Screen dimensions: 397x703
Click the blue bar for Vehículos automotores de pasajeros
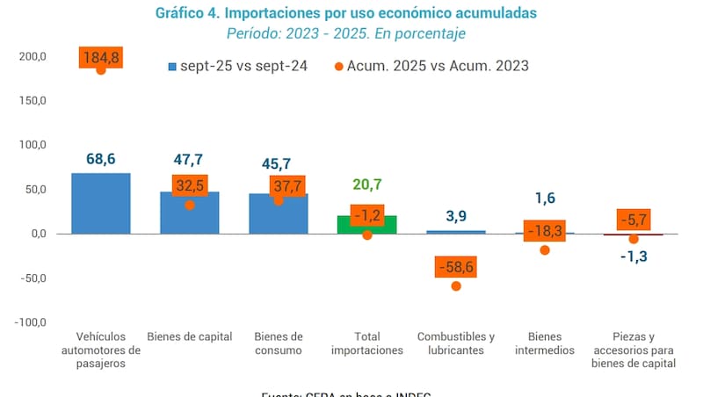pyautogui.click(x=101, y=203)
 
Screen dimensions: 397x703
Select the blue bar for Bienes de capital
pyautogui.click(x=190, y=213)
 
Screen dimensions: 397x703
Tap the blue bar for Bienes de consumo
pyautogui.click(x=278, y=213)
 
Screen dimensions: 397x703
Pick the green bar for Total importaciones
pyautogui.click(x=367, y=225)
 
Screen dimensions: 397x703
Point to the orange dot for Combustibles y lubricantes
pyautogui.click(x=456, y=285)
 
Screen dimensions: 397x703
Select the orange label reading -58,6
pyautogui.click(x=455, y=266)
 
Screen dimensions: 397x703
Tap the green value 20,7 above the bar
pyautogui.click(x=367, y=184)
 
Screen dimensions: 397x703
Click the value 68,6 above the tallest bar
pyautogui.click(x=101, y=159)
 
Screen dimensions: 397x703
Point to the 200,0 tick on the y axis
pyautogui.click(x=32, y=57)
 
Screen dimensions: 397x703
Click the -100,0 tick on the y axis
pyautogui.click(x=30, y=322)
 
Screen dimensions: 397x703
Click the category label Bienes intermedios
pyautogui.click(x=545, y=343)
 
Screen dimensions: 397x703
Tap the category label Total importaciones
pyautogui.click(x=367, y=343)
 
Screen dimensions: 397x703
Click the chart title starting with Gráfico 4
pyautogui.click(x=345, y=14)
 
